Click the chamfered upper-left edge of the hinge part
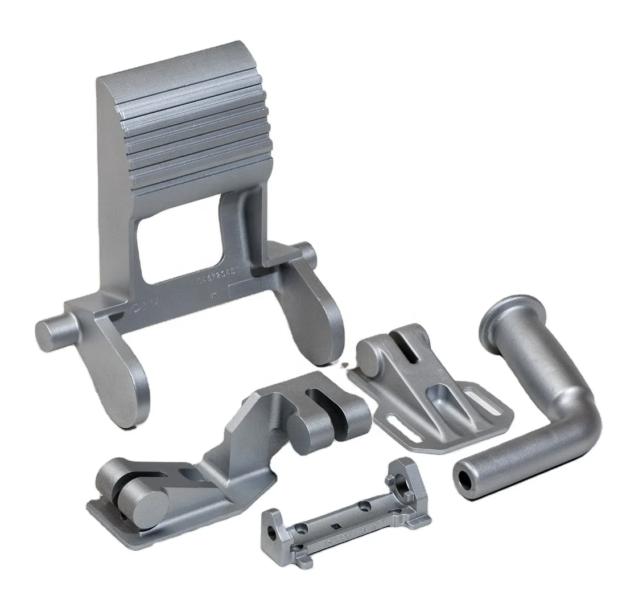[x=245, y=416]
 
